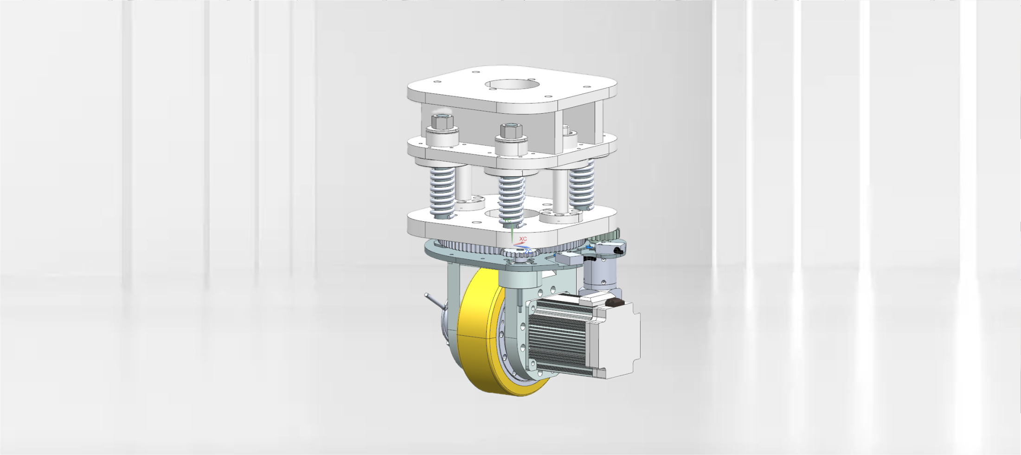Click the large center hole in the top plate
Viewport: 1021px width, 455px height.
(x=512, y=85)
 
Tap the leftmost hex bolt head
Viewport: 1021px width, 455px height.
(x=442, y=122)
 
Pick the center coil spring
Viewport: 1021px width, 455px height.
(x=511, y=199)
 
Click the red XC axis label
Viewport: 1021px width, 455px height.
(x=523, y=239)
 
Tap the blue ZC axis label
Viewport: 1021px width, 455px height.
(x=528, y=251)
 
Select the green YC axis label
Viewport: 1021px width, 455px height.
(x=508, y=221)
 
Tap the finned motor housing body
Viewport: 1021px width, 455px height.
(x=557, y=334)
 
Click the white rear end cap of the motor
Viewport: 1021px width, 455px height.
(x=619, y=341)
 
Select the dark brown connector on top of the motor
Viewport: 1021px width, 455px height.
(x=615, y=302)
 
